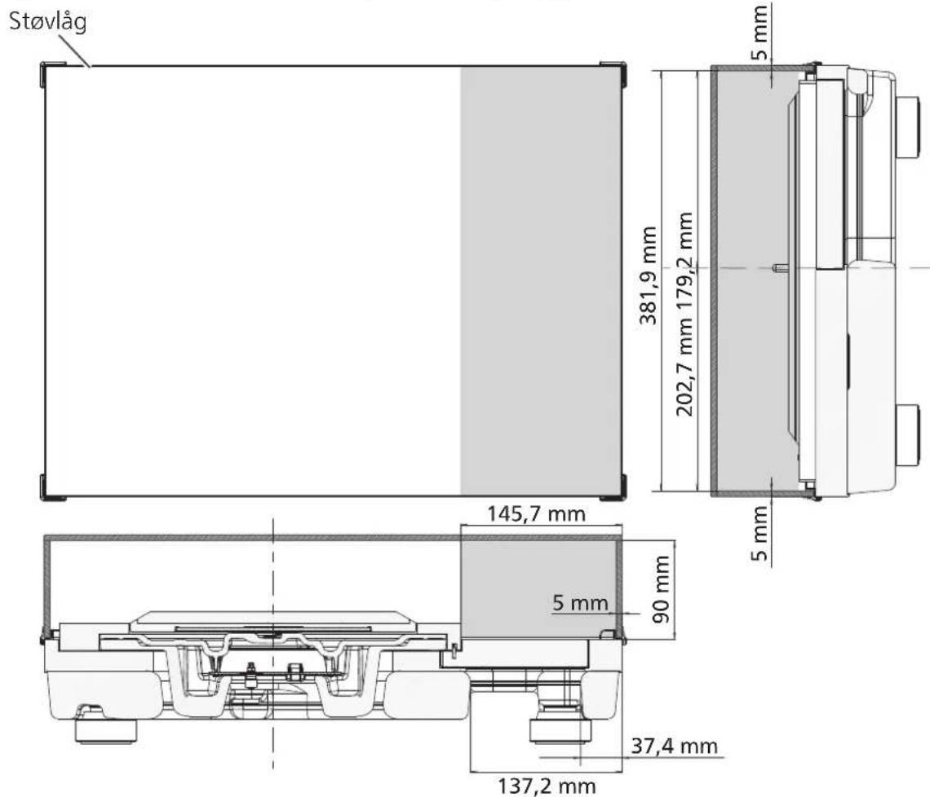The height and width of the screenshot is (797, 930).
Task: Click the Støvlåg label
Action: click(48, 23)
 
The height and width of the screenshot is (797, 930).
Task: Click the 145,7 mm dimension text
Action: click(536, 513)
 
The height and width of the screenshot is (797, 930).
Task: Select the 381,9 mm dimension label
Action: click(649, 275)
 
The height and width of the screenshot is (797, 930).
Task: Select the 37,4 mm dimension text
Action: click(675, 746)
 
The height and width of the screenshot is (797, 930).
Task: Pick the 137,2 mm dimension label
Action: click(547, 786)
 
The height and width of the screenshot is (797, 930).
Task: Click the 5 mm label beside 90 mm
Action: click(580, 602)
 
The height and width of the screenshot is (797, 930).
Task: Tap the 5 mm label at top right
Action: click(759, 33)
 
